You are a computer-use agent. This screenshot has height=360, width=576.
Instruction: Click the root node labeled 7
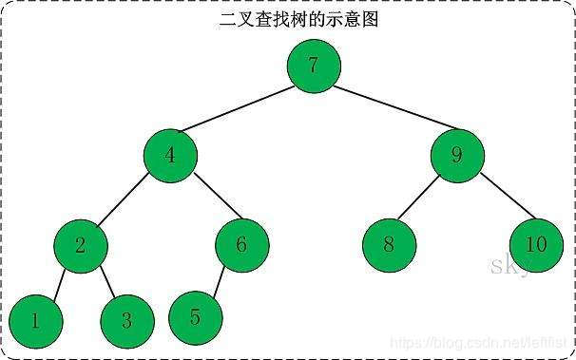click(314, 66)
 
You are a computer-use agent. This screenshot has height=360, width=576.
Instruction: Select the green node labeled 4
click(171, 155)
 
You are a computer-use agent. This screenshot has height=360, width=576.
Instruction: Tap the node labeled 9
click(456, 155)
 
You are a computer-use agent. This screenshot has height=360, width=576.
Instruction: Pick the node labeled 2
click(81, 245)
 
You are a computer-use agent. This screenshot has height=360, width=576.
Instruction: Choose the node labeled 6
click(241, 245)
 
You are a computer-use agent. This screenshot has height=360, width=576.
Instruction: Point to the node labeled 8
click(389, 245)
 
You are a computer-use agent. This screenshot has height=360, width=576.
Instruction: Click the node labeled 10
click(536, 245)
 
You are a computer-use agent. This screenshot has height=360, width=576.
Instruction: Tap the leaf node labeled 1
click(35, 319)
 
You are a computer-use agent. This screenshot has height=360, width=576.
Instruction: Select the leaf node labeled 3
click(125, 319)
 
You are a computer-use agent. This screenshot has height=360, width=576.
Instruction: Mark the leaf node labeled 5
click(196, 316)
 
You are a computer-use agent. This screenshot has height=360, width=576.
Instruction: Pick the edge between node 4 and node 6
click(206, 199)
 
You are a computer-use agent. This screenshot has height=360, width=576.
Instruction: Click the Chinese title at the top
click(298, 19)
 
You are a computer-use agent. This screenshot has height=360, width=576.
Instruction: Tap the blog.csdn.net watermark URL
click(479, 340)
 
